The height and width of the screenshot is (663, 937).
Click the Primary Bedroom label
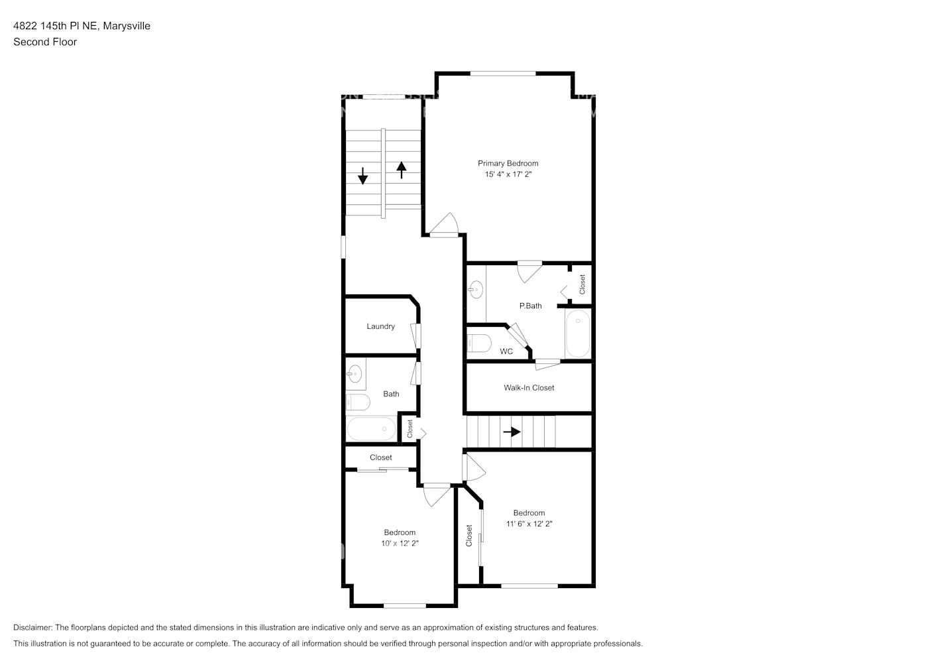tap(508, 163)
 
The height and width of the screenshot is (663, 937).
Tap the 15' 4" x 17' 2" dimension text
tap(508, 174)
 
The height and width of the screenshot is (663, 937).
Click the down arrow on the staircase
tap(363, 176)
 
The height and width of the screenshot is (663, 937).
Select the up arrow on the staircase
tap(401, 170)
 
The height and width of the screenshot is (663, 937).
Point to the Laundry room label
tap(380, 326)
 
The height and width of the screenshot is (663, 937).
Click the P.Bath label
tap(530, 306)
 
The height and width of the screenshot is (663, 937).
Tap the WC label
tap(506, 351)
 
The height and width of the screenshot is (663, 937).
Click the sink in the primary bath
tap(475, 288)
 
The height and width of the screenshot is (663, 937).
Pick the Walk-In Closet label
tap(529, 388)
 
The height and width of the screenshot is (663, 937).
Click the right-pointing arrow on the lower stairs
tap(512, 432)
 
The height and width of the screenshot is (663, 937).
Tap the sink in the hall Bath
tap(355, 374)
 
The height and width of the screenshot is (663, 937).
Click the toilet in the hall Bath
tap(357, 402)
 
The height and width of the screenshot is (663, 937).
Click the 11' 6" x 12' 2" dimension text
tap(529, 524)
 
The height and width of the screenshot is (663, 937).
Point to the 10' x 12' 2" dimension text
tap(400, 544)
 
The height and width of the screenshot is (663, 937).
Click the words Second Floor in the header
tap(45, 42)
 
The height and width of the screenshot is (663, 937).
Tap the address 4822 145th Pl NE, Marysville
tap(82, 26)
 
